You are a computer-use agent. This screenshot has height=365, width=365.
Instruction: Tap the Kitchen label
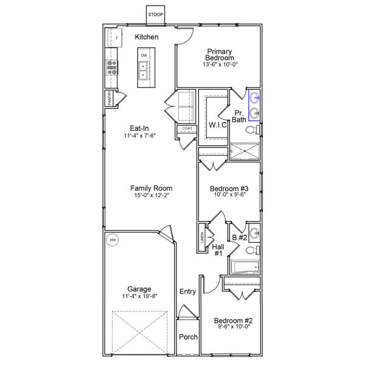pos(147,37)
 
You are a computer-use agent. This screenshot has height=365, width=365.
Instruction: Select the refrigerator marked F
pos(117,38)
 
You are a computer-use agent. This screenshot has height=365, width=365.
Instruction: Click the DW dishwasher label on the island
pos(144,56)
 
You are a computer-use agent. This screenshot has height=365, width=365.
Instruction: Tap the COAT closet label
pos(187,129)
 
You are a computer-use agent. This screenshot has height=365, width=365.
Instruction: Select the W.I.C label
pos(217,125)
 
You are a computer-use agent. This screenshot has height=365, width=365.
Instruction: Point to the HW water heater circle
pos(113,241)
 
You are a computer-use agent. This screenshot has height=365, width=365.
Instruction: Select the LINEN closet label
pos(201,238)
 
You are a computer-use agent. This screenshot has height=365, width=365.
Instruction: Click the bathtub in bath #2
pos(245,267)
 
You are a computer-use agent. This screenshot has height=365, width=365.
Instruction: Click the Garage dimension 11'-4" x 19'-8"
pos(139,297)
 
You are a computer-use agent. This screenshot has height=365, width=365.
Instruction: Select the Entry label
pos(187,292)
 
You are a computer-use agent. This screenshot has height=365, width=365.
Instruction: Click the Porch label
pos(187,337)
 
